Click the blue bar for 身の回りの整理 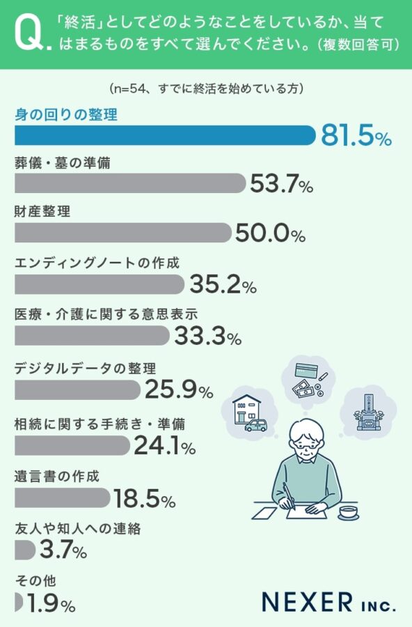pyautogui.click(x=165, y=135)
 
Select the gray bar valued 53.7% pyautogui.click(x=130, y=183)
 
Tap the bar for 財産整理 pyautogui.click(x=122, y=233)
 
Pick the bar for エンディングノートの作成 pyautogui.click(x=99, y=284)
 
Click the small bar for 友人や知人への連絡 pyautogui.click(x=24, y=550)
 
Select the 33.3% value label pyautogui.click(x=207, y=337)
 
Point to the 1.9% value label pyautogui.click(x=50, y=603)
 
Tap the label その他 pyautogui.click(x=35, y=580)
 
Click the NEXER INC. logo pyautogui.click(x=328, y=601)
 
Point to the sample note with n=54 pyautogui.click(x=205, y=89)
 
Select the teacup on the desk pyautogui.click(x=348, y=513)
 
